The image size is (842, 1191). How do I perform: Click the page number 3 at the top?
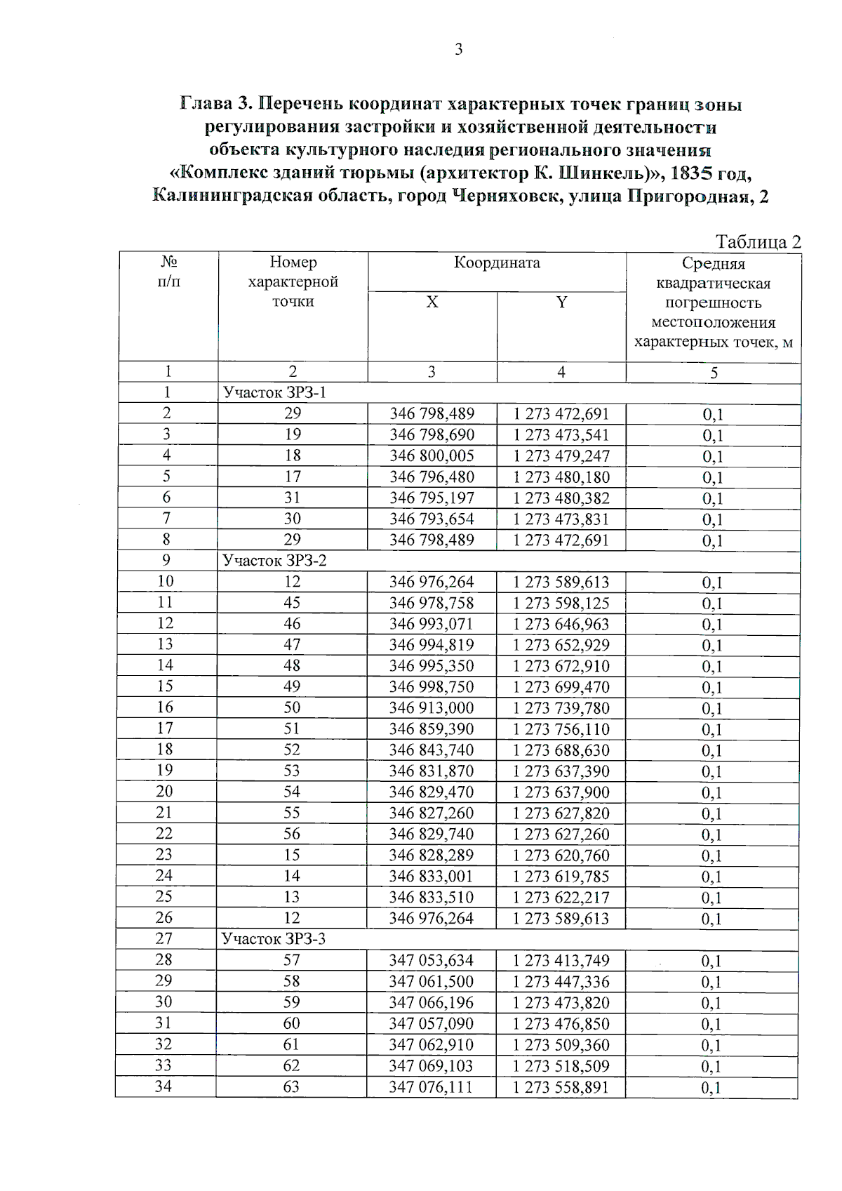click(x=459, y=50)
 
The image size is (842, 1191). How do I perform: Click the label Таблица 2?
click(x=758, y=242)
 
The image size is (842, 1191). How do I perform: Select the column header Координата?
click(x=497, y=263)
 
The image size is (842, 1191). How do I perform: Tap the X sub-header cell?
click(x=432, y=302)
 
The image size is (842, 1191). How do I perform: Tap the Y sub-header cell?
click(x=561, y=302)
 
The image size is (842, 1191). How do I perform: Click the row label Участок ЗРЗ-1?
click(x=274, y=392)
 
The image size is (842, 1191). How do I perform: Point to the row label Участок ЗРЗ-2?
click(x=274, y=561)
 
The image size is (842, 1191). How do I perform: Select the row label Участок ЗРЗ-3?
click(x=274, y=939)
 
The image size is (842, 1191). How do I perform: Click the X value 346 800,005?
click(x=432, y=456)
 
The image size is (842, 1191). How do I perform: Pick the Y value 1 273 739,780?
click(x=561, y=708)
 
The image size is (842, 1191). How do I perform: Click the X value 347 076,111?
click(x=431, y=1087)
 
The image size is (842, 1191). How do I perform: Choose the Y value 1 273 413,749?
click(x=561, y=961)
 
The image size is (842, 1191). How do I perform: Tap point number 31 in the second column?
click(x=293, y=498)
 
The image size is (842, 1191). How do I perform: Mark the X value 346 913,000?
click(x=432, y=708)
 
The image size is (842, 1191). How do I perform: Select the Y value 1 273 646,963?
click(x=561, y=625)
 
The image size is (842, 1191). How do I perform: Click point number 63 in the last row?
click(x=291, y=1087)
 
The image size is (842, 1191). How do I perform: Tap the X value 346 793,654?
click(x=432, y=519)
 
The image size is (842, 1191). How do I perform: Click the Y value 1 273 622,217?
click(x=561, y=898)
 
